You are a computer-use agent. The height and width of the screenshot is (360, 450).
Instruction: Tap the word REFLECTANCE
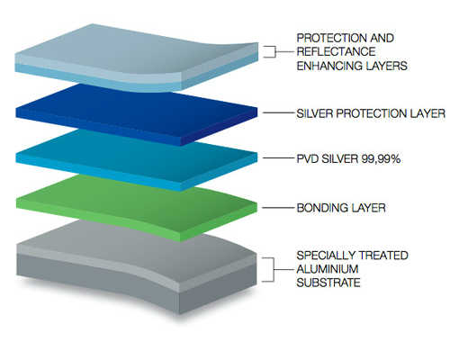click(x=336, y=51)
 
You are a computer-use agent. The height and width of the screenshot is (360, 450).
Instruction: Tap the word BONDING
click(x=319, y=208)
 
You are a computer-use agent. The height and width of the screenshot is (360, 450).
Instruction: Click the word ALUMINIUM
click(x=328, y=269)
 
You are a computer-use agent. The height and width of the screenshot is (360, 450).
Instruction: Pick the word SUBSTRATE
click(x=328, y=283)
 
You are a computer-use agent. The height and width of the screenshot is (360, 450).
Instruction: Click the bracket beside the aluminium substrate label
click(x=274, y=270)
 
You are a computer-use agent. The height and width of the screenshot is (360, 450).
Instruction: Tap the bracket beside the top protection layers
click(x=274, y=51)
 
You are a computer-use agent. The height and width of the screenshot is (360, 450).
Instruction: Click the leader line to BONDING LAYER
click(x=278, y=208)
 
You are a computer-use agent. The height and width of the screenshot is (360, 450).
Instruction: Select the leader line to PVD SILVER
click(x=278, y=158)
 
